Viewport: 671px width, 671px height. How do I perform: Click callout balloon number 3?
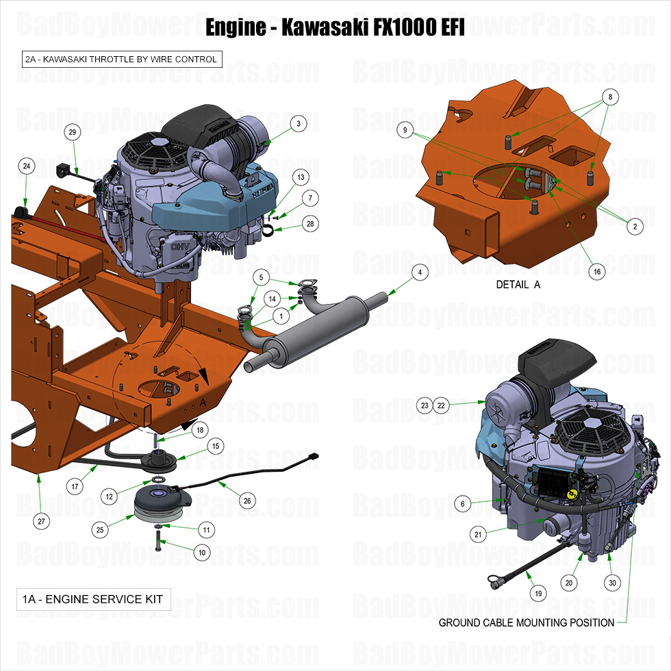click(298, 123)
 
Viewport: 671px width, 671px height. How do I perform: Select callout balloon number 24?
click(27, 166)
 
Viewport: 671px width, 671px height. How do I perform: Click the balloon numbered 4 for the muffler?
click(420, 272)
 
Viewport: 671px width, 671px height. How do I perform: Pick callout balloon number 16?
click(597, 272)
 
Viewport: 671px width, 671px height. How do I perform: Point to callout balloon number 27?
click(42, 521)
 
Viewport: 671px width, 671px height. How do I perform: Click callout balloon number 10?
click(202, 552)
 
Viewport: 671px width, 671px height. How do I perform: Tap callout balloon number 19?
click(538, 594)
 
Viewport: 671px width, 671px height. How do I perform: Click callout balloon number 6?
click(462, 504)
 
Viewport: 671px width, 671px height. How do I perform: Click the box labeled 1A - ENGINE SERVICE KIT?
click(92, 599)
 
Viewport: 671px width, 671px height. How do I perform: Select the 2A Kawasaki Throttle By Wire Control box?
click(121, 60)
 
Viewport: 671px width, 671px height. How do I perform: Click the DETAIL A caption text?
click(518, 284)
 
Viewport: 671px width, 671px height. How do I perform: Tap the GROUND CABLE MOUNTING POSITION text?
click(526, 622)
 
